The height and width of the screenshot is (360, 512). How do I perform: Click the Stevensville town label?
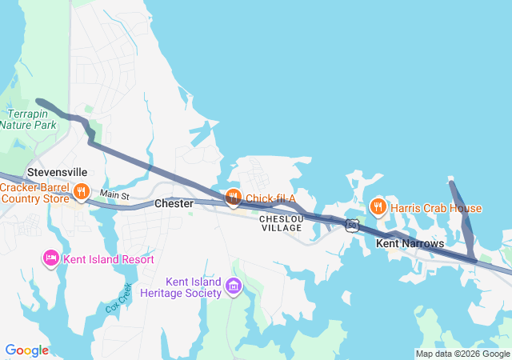tap(57, 172)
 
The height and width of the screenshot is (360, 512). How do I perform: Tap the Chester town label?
tap(174, 204)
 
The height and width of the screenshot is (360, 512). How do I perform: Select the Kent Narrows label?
tap(410, 242)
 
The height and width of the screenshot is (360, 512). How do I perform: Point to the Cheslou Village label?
tap(281, 223)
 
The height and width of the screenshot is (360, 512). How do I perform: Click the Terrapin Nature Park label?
tap(28, 120)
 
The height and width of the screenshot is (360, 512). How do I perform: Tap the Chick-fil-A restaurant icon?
tap(233, 197)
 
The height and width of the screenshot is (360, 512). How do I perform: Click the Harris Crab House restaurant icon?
tap(378, 208)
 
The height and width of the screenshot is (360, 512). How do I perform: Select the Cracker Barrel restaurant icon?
tap(82, 192)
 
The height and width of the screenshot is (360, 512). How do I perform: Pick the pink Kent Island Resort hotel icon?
tap(50, 258)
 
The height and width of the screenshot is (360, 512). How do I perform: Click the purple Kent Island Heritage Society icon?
tap(234, 286)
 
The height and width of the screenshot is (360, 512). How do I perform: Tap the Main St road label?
tap(114, 195)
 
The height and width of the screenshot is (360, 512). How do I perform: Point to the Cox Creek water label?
tap(117, 298)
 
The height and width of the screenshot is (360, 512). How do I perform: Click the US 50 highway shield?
tap(352, 225)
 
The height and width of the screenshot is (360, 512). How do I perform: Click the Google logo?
tap(26, 350)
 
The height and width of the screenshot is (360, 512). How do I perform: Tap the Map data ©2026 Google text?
tap(462, 354)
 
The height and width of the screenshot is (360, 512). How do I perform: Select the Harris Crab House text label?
tap(436, 209)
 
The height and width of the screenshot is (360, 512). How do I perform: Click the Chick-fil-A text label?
tap(270, 198)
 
